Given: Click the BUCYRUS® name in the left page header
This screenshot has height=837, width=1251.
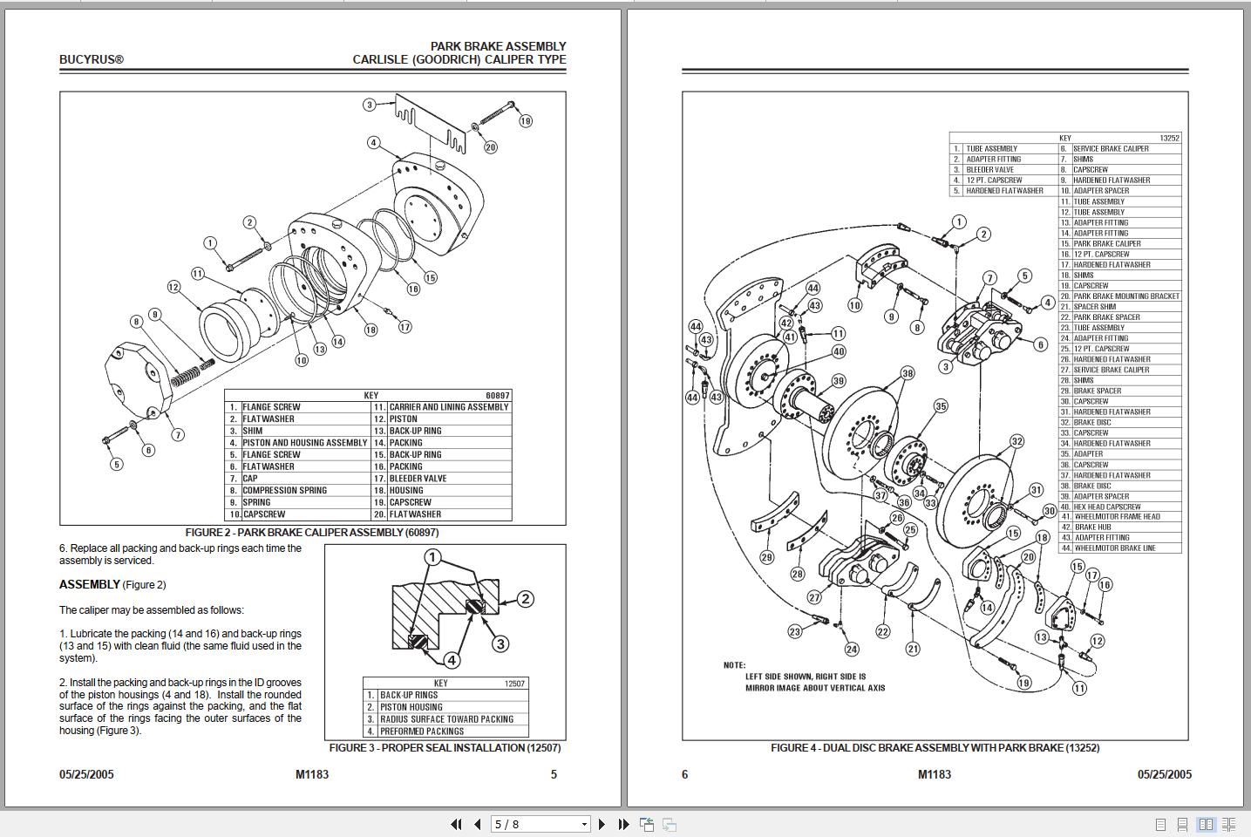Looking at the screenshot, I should (x=92, y=60).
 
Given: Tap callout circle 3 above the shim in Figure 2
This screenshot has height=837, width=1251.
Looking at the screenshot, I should (x=370, y=105).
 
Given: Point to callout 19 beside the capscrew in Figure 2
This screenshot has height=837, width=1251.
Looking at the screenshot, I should (x=525, y=121).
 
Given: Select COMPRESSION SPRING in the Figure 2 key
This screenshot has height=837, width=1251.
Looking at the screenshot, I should (x=283, y=490).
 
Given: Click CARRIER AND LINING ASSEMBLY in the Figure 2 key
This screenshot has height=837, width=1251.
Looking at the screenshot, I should (x=448, y=407).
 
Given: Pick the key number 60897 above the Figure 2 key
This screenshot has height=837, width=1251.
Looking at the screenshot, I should (x=497, y=396).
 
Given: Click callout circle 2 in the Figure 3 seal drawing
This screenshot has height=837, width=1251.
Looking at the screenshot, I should (x=525, y=599).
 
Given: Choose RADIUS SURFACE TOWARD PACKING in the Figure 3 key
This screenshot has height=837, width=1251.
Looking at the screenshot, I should (x=446, y=719).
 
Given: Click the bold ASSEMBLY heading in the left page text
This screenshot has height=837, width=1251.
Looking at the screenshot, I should (x=90, y=585).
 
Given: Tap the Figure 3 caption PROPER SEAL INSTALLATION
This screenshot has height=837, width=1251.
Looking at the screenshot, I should (x=445, y=748).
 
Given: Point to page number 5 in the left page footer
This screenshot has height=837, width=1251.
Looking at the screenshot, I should (x=554, y=774).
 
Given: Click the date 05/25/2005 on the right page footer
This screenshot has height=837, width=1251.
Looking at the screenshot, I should (x=1164, y=774).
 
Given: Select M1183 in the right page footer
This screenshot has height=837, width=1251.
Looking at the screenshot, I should (x=935, y=774).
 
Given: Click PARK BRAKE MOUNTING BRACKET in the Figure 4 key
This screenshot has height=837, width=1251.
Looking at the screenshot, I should (x=1126, y=296).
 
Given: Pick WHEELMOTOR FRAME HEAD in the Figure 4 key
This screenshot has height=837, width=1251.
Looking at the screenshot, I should (x=1117, y=517).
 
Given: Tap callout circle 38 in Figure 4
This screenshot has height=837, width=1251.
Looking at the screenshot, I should (x=908, y=373).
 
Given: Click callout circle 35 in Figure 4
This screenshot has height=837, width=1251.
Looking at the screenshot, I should (x=941, y=406).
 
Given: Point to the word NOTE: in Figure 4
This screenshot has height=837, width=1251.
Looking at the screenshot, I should (x=734, y=665).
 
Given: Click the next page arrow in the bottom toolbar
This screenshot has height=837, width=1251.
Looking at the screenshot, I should (x=602, y=824).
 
